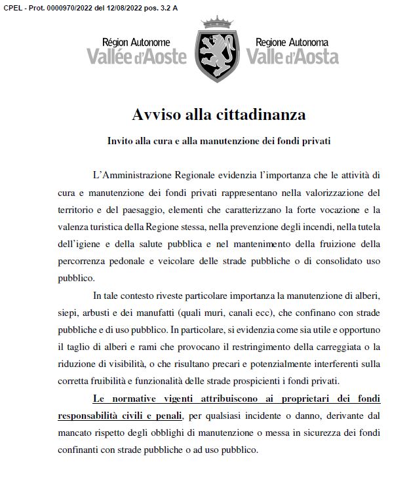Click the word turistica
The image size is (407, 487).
(116, 227)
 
